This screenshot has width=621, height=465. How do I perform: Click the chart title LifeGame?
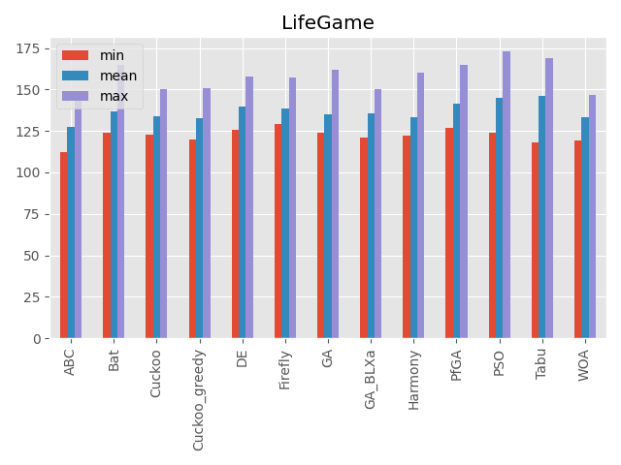327,23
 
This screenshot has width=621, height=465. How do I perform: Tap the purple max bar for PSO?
507,195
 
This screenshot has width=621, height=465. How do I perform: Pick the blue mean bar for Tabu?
542,217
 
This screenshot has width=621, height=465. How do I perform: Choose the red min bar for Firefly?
278,232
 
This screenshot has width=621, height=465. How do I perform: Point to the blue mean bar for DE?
243,223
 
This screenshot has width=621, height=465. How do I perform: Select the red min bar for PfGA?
449,233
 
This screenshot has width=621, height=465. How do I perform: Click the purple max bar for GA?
335,203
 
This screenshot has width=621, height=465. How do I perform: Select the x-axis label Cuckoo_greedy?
199,397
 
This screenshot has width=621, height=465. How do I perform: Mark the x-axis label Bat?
114,359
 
